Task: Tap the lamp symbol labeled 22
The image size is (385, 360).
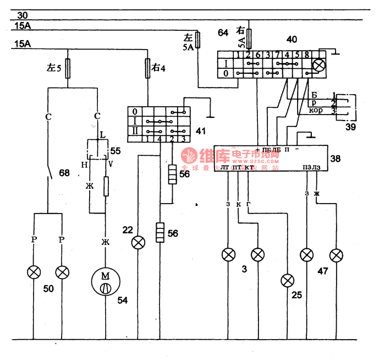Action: tap(137, 243)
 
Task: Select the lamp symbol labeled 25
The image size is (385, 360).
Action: tap(287, 281)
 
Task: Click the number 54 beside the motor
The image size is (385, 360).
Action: tap(123, 300)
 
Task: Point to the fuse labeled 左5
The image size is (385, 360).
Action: tap(67, 69)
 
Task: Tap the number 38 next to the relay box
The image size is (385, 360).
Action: tap(335, 159)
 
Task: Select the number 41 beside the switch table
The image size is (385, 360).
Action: tap(201, 132)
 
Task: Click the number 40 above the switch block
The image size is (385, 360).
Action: tap(291, 39)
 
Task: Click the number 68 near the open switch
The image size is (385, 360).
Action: tap(65, 173)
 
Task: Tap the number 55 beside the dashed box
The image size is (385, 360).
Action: tap(116, 150)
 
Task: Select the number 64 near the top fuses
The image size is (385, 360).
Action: tap(223, 33)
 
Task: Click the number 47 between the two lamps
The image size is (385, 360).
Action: tap(322, 271)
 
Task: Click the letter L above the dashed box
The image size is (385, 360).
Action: tap(102, 134)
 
